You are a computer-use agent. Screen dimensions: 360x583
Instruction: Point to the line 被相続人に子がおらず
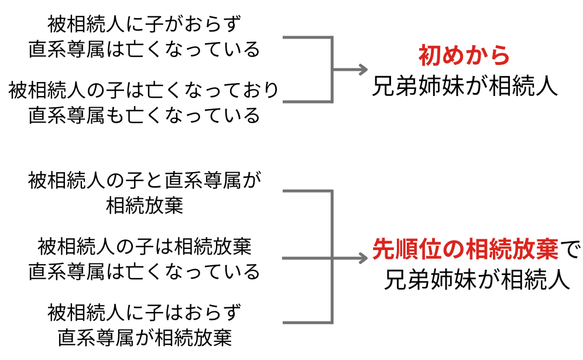(x=144, y=24)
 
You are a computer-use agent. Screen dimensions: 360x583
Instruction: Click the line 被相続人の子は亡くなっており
(x=144, y=90)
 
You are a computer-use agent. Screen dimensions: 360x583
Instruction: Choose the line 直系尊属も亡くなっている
(x=144, y=115)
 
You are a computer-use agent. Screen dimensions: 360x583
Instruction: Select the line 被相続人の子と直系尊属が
(x=144, y=180)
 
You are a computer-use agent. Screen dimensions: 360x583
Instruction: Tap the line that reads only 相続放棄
(x=144, y=205)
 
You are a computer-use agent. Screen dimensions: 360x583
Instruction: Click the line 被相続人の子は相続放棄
(x=144, y=246)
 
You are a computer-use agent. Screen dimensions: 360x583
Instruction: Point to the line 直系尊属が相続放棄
(x=144, y=338)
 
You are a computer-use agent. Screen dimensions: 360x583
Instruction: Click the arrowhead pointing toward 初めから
(x=363, y=70)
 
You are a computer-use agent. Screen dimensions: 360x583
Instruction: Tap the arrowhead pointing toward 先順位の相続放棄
(x=363, y=257)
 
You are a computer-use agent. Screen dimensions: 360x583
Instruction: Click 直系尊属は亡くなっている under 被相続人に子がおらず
(x=144, y=49)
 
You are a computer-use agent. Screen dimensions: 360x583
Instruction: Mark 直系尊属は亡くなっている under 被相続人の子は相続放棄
(x=144, y=272)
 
